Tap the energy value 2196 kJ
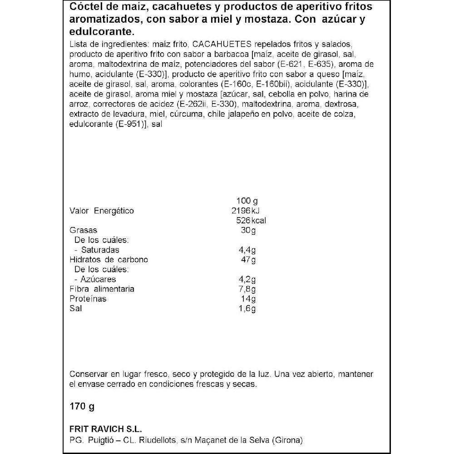(x=248, y=211)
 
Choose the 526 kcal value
(x=251, y=221)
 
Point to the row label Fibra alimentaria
(x=102, y=289)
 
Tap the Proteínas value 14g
(x=249, y=299)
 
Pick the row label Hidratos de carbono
(x=109, y=260)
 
